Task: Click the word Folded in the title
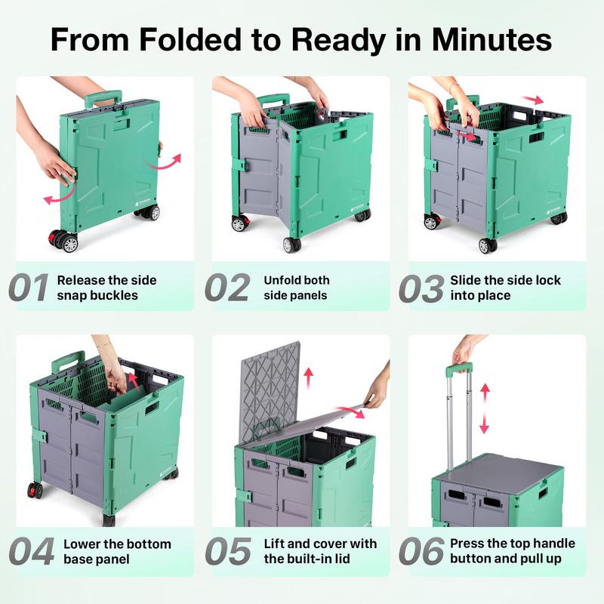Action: click(x=190, y=39)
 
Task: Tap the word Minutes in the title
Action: click(x=492, y=39)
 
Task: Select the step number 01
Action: click(x=29, y=288)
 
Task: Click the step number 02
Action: click(x=228, y=288)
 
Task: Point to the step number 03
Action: click(x=421, y=288)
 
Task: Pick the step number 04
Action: click(x=31, y=552)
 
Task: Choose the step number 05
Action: click(x=228, y=552)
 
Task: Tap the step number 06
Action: click(x=421, y=552)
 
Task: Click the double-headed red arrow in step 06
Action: click(x=485, y=408)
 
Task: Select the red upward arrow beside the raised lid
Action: click(x=308, y=378)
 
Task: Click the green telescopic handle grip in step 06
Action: click(x=459, y=369)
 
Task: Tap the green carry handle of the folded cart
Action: click(x=103, y=98)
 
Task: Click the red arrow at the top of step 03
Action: click(x=532, y=100)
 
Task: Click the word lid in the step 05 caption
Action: click(x=342, y=559)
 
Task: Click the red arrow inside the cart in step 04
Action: click(x=134, y=381)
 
